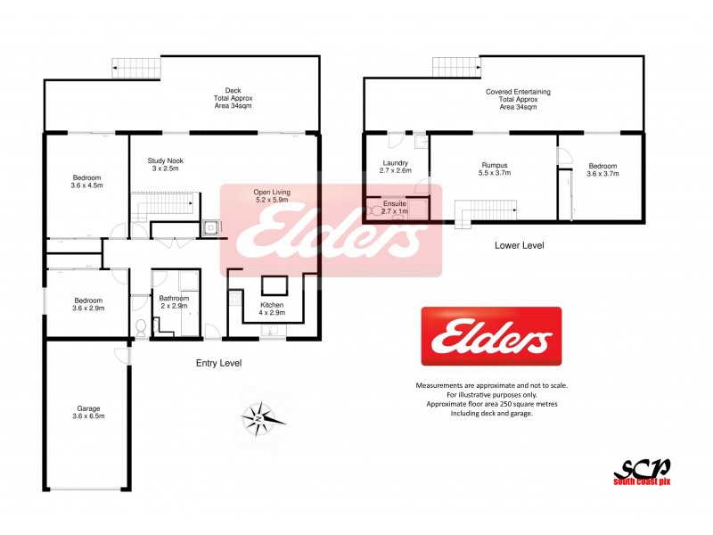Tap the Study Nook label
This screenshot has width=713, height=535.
165,165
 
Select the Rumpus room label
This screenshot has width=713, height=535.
494,170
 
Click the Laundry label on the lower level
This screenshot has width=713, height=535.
395,166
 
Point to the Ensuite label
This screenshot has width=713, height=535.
394,208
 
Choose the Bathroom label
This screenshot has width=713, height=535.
174,302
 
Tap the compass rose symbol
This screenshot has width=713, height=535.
258,417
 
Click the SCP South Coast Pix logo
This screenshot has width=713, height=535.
641,471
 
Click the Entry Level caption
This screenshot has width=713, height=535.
218,363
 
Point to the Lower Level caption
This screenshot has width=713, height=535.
520,244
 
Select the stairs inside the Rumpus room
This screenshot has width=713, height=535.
486,210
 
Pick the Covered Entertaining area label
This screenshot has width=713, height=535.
518,99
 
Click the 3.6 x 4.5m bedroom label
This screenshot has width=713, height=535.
87,182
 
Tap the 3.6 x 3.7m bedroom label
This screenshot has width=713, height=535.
602,170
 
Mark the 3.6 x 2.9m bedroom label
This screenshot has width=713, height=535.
87,305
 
